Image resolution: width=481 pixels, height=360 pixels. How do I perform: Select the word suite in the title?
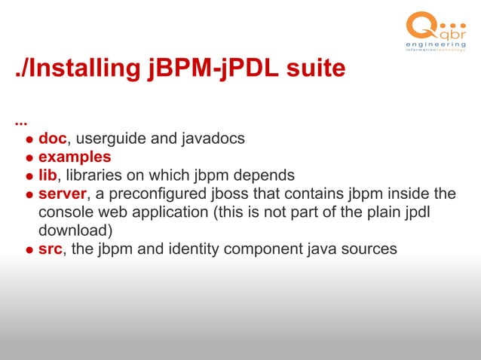[313, 69]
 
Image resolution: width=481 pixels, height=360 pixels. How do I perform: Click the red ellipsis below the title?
[20, 120]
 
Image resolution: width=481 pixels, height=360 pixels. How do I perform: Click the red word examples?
[75, 157]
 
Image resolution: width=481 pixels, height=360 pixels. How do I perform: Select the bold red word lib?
[47, 175]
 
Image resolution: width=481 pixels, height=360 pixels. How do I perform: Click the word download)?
[75, 230]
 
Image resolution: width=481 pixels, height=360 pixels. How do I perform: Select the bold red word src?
[50, 249]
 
